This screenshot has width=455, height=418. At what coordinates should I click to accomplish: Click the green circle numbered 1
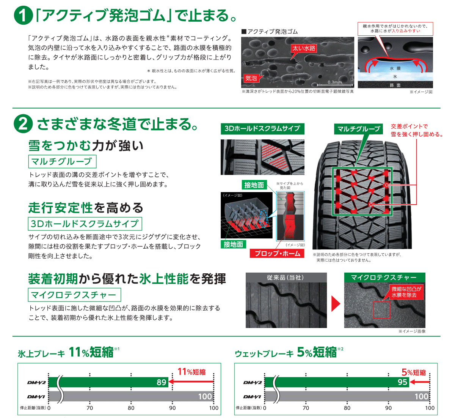[x=24, y=16]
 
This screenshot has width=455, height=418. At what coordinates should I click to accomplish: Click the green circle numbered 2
[x=24, y=124]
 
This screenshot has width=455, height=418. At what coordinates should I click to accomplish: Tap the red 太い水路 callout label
[x=304, y=48]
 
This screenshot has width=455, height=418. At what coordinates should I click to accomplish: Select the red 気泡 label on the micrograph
[x=251, y=78]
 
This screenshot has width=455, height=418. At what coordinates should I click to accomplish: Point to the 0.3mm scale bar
[x=335, y=85]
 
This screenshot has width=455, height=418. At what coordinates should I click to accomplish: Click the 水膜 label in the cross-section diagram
[x=395, y=68]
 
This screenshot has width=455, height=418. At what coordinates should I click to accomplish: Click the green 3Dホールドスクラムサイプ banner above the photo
[x=262, y=129]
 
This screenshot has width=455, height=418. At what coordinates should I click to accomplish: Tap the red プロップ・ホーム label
[x=277, y=253]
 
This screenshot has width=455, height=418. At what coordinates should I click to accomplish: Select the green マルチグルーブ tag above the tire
[x=358, y=129]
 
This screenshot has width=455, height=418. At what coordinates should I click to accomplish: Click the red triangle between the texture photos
[x=336, y=303]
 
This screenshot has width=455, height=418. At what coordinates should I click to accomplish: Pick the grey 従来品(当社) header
[x=286, y=278]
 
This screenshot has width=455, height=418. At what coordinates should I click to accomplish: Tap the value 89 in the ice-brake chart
[x=162, y=382]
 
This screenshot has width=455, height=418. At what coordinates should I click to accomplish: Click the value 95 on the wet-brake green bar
[x=402, y=382]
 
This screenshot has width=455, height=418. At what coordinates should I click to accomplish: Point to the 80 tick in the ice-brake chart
[x=131, y=408]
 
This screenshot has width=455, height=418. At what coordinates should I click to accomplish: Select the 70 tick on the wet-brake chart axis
[x=306, y=408]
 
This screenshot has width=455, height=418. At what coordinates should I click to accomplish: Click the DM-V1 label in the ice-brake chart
[x=36, y=397]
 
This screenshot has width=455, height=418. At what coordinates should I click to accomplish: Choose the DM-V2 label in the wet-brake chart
[x=253, y=383]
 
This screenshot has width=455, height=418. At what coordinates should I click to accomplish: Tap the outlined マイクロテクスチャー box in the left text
[x=74, y=295]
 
